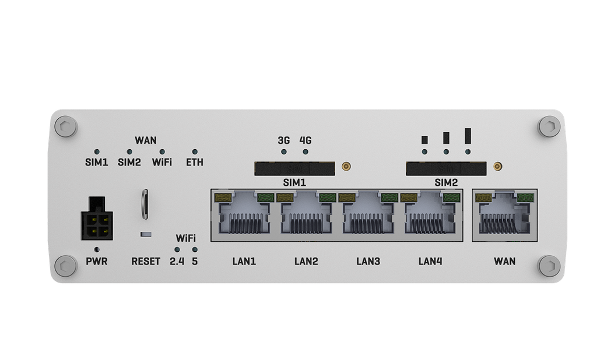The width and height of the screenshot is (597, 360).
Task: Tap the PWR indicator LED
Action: [x=97, y=250]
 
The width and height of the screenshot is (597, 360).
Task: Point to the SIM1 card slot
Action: [x=294, y=168]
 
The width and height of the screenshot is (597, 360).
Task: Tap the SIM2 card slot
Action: [x=446, y=168]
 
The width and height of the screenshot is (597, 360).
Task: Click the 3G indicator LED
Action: [x=284, y=152]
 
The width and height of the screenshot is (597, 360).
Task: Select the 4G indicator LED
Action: [x=305, y=152]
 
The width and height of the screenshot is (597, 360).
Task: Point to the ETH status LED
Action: [x=195, y=152]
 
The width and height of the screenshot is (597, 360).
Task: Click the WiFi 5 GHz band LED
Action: [x=195, y=250]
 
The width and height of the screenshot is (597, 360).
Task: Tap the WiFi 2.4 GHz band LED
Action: [x=177, y=250]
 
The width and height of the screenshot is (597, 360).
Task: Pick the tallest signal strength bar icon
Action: [x=468, y=136]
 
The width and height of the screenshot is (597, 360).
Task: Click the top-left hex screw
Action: [x=65, y=126]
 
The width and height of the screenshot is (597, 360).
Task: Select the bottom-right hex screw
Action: [x=549, y=266]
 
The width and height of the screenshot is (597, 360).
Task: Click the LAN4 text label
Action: [x=430, y=262]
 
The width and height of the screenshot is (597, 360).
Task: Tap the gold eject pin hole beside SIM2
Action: [x=497, y=166]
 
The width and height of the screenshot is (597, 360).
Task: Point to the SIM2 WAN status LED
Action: [x=129, y=152]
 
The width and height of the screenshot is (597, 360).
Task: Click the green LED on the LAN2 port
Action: [x=328, y=198]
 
